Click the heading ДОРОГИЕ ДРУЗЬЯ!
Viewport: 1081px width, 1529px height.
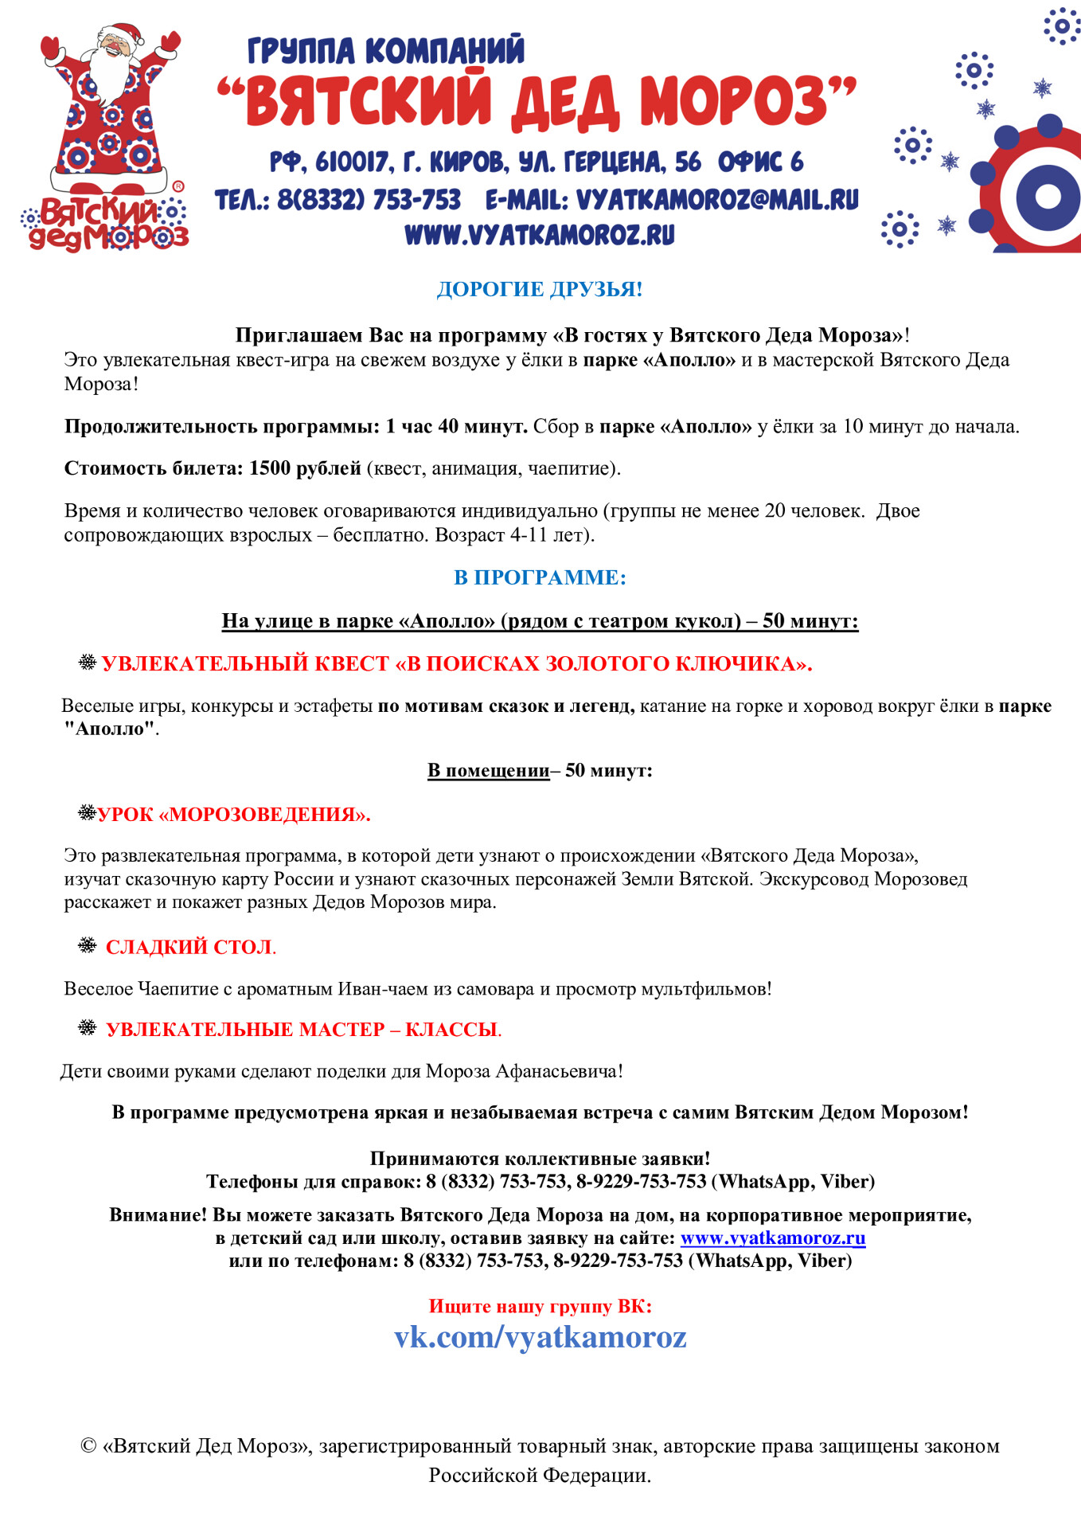point(540,289)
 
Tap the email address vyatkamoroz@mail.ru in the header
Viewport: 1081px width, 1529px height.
point(716,199)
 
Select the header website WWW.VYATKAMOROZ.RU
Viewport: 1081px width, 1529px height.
point(540,235)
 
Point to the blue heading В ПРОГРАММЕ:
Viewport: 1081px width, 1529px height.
point(540,577)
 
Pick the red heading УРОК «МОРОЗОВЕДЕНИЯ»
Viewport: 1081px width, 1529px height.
point(234,815)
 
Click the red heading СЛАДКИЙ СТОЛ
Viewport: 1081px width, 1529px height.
point(189,947)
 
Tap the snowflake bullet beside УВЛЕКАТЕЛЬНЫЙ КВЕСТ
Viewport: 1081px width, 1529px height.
point(88,663)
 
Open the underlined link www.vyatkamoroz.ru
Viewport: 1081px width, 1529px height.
point(773,1238)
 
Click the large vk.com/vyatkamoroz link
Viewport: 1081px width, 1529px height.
point(540,1337)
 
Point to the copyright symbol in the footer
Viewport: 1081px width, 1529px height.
point(88,1446)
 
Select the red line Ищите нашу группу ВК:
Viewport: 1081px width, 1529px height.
point(540,1306)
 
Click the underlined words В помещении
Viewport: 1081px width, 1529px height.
point(488,771)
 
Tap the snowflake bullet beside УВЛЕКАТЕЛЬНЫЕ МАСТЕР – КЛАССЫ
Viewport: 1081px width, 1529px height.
point(88,1028)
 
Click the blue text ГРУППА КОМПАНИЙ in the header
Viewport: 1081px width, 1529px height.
point(386,51)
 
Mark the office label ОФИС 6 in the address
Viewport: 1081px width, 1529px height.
point(760,162)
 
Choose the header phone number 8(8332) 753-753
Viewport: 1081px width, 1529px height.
point(369,199)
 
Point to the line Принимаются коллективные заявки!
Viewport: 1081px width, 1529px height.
point(540,1159)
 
